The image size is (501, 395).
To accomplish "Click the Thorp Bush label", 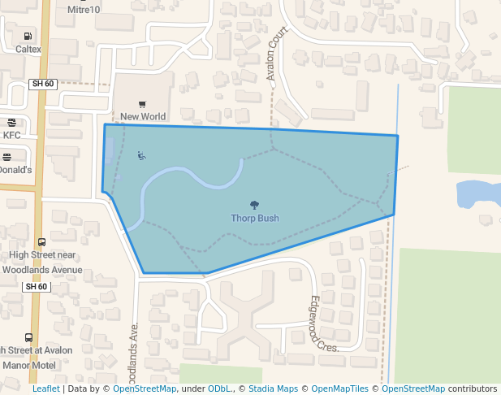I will pos(254,218).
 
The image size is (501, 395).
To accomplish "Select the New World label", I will pos(143,116).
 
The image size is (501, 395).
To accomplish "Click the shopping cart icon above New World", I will pos(143,104).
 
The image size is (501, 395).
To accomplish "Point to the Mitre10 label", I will pos(84,10).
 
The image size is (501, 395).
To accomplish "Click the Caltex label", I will pos(28,49).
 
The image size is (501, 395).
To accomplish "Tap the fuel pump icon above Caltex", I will pos(28,36).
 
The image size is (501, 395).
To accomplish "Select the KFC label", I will pos(12,135).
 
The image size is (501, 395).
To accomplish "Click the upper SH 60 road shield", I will pos(42,84).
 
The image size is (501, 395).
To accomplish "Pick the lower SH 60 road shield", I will pos(37,286).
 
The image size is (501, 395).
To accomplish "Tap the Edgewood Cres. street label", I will pos(322,323).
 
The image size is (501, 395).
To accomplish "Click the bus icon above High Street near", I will pos(41,241).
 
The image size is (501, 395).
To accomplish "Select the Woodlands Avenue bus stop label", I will pos(42,269).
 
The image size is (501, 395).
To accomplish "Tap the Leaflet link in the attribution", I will pos(45,388).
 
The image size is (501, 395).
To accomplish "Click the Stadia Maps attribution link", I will pos(273,388).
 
